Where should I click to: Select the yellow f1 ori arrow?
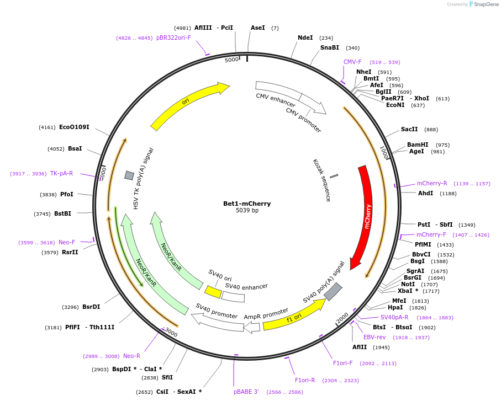point(293,317)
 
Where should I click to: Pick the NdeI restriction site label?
point(305,38)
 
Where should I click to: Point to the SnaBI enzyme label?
point(329,48)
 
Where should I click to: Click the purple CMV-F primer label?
point(352,62)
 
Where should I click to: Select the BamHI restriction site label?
point(418,145)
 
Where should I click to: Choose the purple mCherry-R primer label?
point(432,183)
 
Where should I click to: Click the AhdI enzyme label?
point(425,193)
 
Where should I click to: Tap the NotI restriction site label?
point(408,284)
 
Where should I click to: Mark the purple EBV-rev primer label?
point(375,337)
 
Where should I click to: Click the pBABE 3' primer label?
point(246,392)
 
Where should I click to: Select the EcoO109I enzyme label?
point(74,127)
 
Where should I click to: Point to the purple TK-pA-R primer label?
point(61,173)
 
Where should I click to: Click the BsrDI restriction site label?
point(91,307)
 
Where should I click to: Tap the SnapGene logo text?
point(486,4)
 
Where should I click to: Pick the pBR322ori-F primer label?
point(173,38)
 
